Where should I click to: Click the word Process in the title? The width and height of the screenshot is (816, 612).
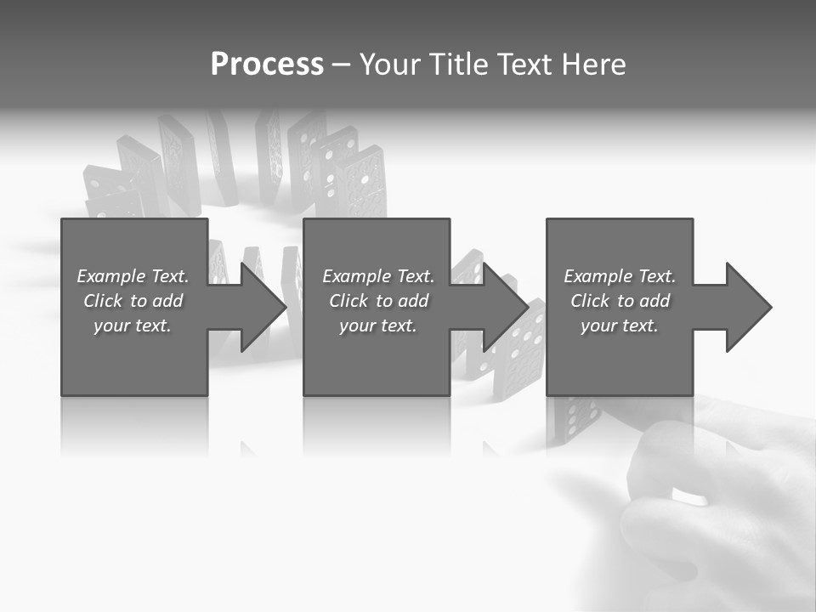pyautogui.click(x=267, y=65)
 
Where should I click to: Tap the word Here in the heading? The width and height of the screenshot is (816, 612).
pyautogui.click(x=594, y=65)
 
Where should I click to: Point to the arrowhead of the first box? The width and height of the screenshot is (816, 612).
pyautogui.click(x=264, y=307)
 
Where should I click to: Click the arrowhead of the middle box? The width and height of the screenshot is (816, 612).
pyautogui.click(x=507, y=307)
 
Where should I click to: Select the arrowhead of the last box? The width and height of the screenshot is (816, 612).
pyautogui.click(x=749, y=307)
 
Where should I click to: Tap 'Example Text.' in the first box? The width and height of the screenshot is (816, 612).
pyautogui.click(x=133, y=276)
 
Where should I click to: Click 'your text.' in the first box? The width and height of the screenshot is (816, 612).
pyautogui.click(x=133, y=326)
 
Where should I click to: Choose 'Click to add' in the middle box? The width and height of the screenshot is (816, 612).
pyautogui.click(x=378, y=301)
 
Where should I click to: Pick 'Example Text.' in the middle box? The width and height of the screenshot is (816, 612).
pyautogui.click(x=378, y=276)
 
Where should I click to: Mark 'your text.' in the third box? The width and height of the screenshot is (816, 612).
pyautogui.click(x=619, y=326)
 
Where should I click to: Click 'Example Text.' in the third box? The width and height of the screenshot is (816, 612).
pyautogui.click(x=619, y=276)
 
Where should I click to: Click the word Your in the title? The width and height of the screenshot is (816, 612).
pyautogui.click(x=387, y=65)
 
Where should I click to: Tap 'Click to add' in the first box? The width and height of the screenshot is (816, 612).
pyautogui.click(x=133, y=301)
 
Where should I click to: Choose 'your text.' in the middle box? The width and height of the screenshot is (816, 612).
pyautogui.click(x=378, y=326)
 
